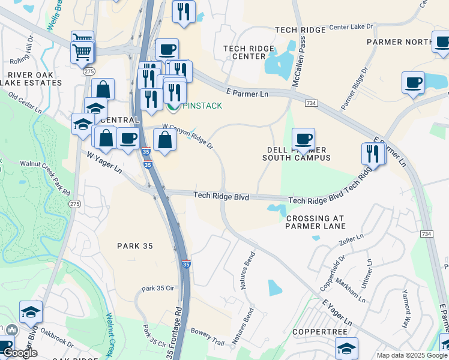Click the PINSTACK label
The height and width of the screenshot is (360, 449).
pos(202,106)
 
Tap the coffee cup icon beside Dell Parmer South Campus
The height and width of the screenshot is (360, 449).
pos(303,139)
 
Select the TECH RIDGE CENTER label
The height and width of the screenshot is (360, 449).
pos(244,52)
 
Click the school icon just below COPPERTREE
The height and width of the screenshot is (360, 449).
pos(346,348)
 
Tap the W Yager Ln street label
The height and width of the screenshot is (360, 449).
pos(104,163)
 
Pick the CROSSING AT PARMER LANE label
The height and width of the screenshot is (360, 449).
pos(316,222)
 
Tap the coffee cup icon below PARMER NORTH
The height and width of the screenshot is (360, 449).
pos(413,83)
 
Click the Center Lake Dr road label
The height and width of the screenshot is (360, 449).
pos(351,28)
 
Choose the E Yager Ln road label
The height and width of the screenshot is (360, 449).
pos(336,314)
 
